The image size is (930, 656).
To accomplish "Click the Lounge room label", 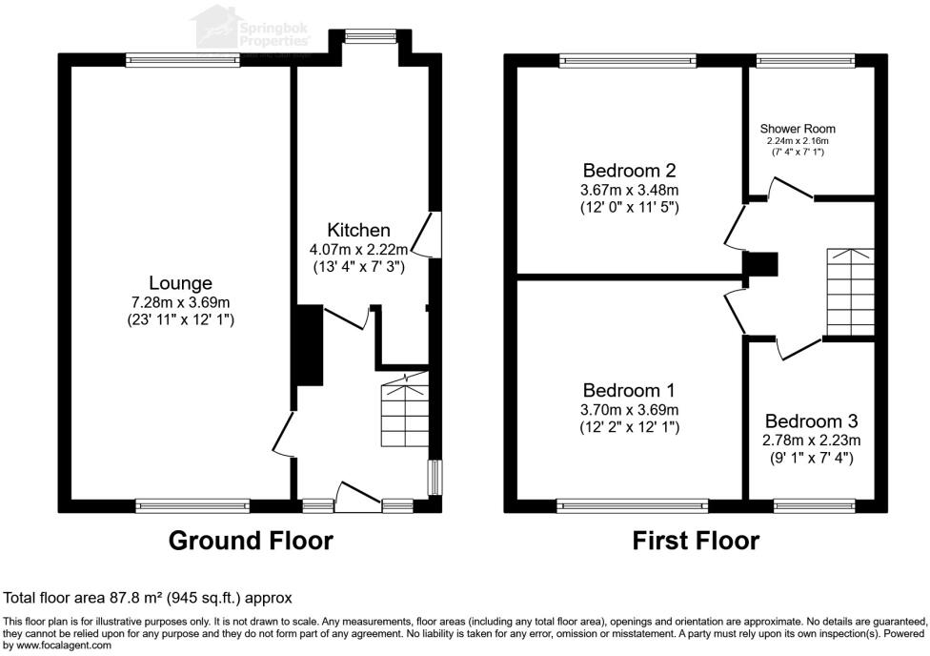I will coord(180,283).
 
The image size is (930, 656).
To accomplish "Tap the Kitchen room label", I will coord(358,230).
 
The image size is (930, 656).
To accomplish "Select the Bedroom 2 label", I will coord(630,171).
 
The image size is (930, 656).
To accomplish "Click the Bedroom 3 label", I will coord(812,420).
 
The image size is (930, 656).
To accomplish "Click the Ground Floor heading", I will coord(251,541).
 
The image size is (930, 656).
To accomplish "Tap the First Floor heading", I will coord(696,541).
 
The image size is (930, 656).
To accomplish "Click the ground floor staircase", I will coord(404,412).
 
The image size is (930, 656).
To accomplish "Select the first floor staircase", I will coord(849,292).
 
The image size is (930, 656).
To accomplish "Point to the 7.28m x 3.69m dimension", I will coord(180,303).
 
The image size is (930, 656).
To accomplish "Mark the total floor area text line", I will coord(148,598).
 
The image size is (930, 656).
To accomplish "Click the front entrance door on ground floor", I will coord(357,500).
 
